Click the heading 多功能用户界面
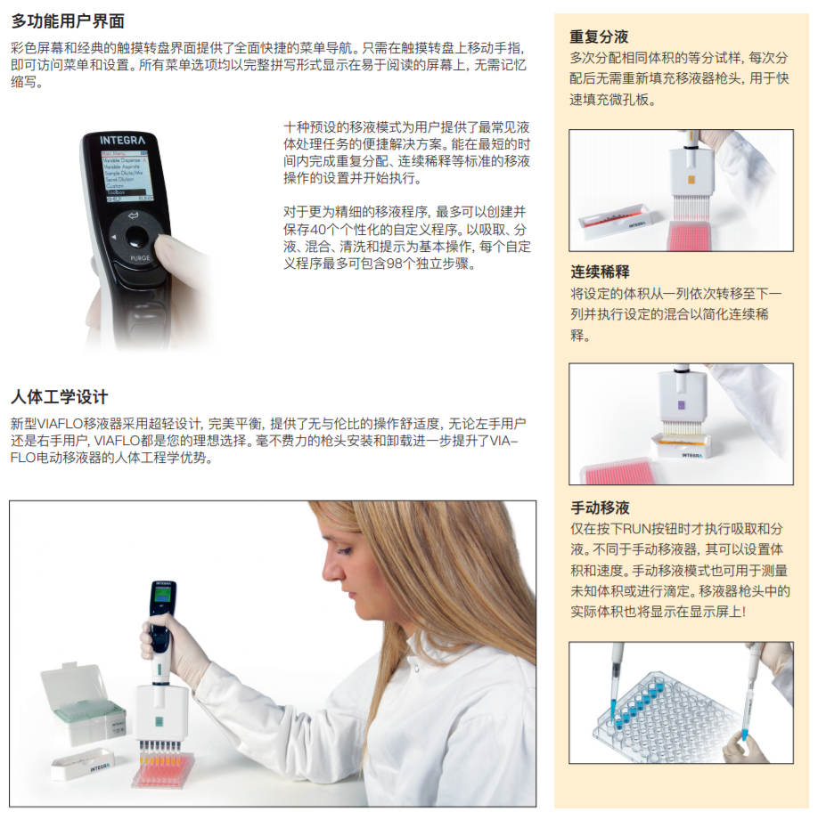pyautogui.click(x=68, y=21)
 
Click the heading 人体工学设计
pyautogui.click(x=59, y=397)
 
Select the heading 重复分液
pyautogui.click(x=599, y=37)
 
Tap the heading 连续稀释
pyautogui.click(x=600, y=272)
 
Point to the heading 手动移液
pyautogui.click(x=600, y=507)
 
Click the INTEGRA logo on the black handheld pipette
pyautogui.click(x=122, y=140)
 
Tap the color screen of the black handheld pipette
pyautogui.click(x=127, y=176)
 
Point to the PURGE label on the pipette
pyautogui.click(x=140, y=258)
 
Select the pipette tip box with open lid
pyautogui.click(x=83, y=704)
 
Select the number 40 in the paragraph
pyautogui.click(x=318, y=230)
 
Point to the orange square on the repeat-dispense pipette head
pyautogui.click(x=691, y=180)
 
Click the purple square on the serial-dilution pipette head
pyautogui.click(x=681, y=405)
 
